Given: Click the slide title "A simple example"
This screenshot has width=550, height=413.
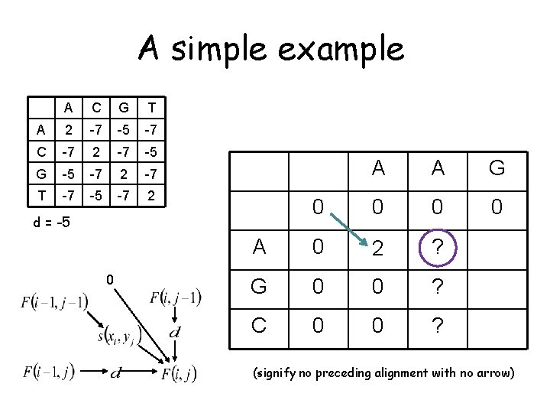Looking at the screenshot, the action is click(x=270, y=50).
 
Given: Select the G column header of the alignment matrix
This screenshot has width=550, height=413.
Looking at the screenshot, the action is click(x=497, y=167).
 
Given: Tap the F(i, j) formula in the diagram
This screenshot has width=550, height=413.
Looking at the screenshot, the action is click(x=179, y=374).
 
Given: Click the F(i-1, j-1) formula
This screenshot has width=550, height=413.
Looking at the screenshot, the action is click(x=53, y=301).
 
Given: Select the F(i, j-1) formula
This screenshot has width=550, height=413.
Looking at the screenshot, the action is click(x=176, y=297).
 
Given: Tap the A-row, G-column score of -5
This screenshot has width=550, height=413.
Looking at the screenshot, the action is click(x=124, y=130).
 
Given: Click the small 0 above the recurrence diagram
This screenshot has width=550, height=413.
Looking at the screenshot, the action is click(x=111, y=281).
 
